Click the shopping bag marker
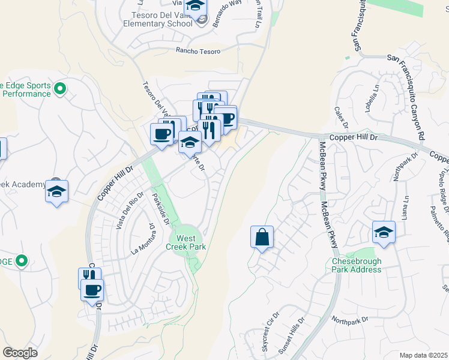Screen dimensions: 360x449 click(x=262, y=238)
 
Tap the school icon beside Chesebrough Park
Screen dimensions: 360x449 click(x=384, y=232)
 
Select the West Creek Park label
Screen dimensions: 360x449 click(x=190, y=242)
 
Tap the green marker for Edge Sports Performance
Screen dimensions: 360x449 click(x=59, y=89)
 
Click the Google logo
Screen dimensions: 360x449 click(x=20, y=353)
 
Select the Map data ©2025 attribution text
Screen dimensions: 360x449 click(x=423, y=355)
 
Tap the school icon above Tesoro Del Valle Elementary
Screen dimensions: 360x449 click(x=195, y=7)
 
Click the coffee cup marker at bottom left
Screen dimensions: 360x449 click(x=92, y=291)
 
